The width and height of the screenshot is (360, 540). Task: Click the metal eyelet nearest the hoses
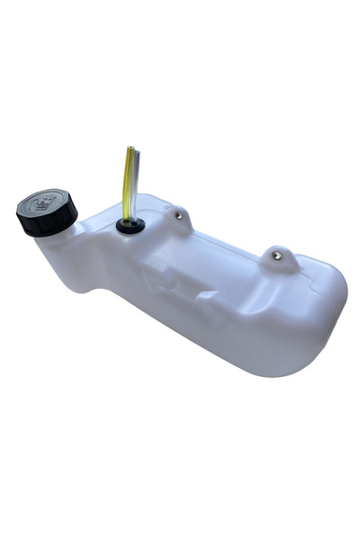(180, 215)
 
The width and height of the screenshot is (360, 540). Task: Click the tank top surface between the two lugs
(225, 241)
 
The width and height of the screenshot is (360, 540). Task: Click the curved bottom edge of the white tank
(234, 364)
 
